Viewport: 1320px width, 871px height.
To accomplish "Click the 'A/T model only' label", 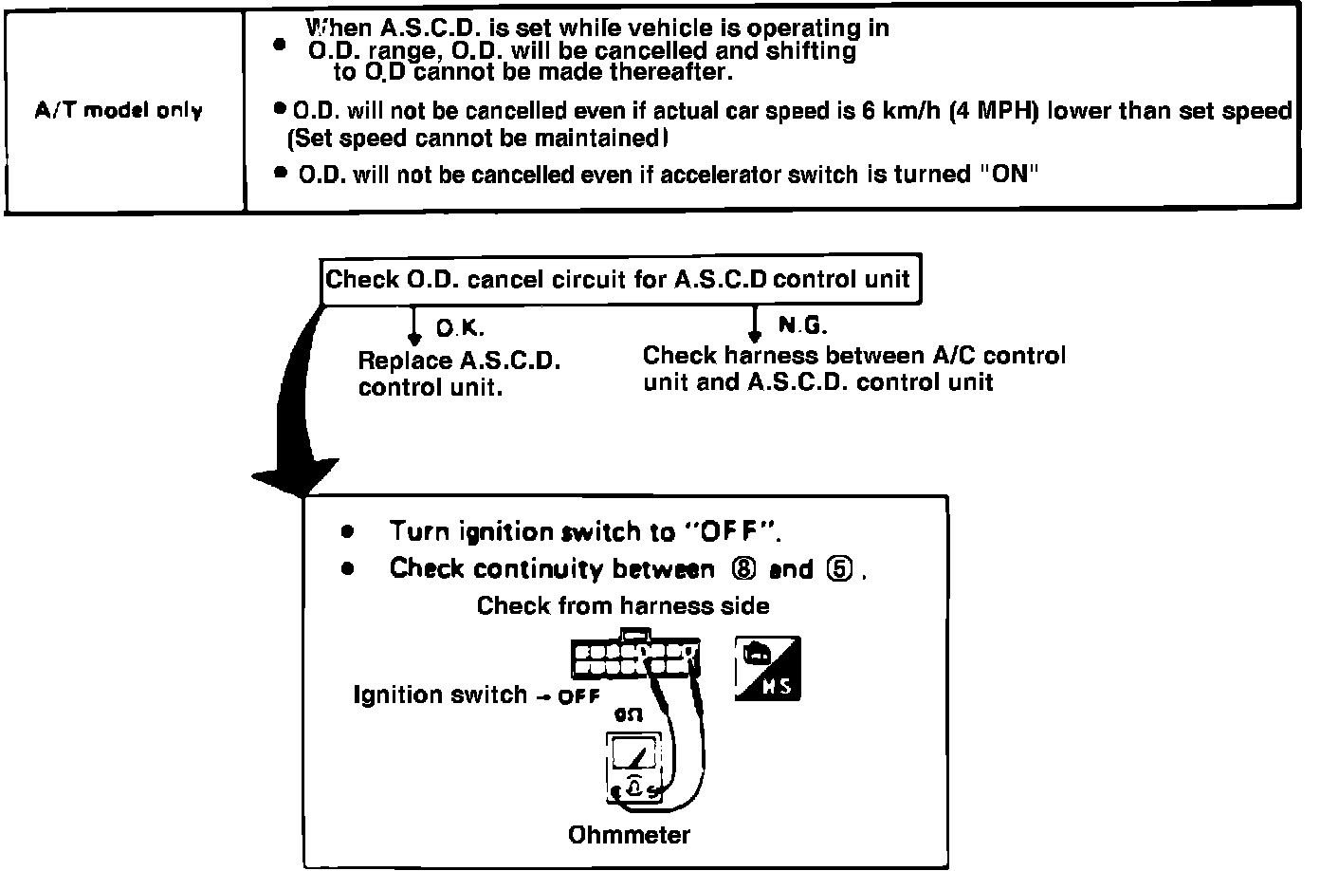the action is click(x=119, y=111).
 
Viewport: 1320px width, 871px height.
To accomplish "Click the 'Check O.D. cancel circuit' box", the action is click(x=618, y=280).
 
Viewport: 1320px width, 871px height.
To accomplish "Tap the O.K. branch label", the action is click(x=461, y=328).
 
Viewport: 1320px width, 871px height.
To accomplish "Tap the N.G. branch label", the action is click(x=802, y=326).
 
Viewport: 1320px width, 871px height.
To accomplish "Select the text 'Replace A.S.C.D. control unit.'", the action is click(x=459, y=375).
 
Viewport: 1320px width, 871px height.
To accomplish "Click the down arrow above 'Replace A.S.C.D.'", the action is click(x=413, y=327).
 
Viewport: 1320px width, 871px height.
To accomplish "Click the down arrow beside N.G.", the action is click(x=755, y=325).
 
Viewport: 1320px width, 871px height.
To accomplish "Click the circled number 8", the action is click(x=742, y=569).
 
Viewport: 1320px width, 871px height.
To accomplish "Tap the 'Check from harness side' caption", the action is click(x=623, y=605).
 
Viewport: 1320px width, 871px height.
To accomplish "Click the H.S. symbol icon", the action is click(x=767, y=669).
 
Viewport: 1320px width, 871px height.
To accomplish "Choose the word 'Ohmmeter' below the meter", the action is click(x=629, y=835).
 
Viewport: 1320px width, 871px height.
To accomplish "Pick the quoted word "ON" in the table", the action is click(x=1009, y=175).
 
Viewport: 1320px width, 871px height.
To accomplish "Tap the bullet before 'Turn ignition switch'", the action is click(x=348, y=531).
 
